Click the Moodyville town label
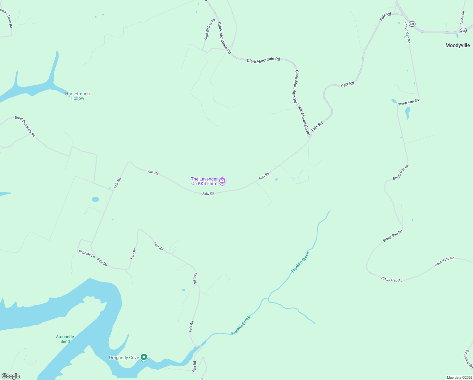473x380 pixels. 458,45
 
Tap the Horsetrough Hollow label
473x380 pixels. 77,96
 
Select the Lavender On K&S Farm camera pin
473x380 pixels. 222,181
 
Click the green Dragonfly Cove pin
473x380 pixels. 144,357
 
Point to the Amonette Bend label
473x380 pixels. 65,339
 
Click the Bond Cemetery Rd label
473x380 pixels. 25,126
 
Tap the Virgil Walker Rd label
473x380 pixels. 209,29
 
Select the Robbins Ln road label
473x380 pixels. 87,254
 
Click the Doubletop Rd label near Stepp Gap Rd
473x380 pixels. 444,262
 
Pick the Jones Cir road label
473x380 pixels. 462,18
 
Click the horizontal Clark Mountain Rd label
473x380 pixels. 263,60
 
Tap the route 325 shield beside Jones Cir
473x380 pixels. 463,30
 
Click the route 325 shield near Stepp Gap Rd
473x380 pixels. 412,24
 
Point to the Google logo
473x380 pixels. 11,376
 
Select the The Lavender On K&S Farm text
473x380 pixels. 204,181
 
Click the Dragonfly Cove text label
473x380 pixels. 124,358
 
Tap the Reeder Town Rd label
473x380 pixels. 6,17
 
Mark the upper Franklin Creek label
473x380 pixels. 300,262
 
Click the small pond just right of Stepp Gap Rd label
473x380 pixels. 407,112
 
